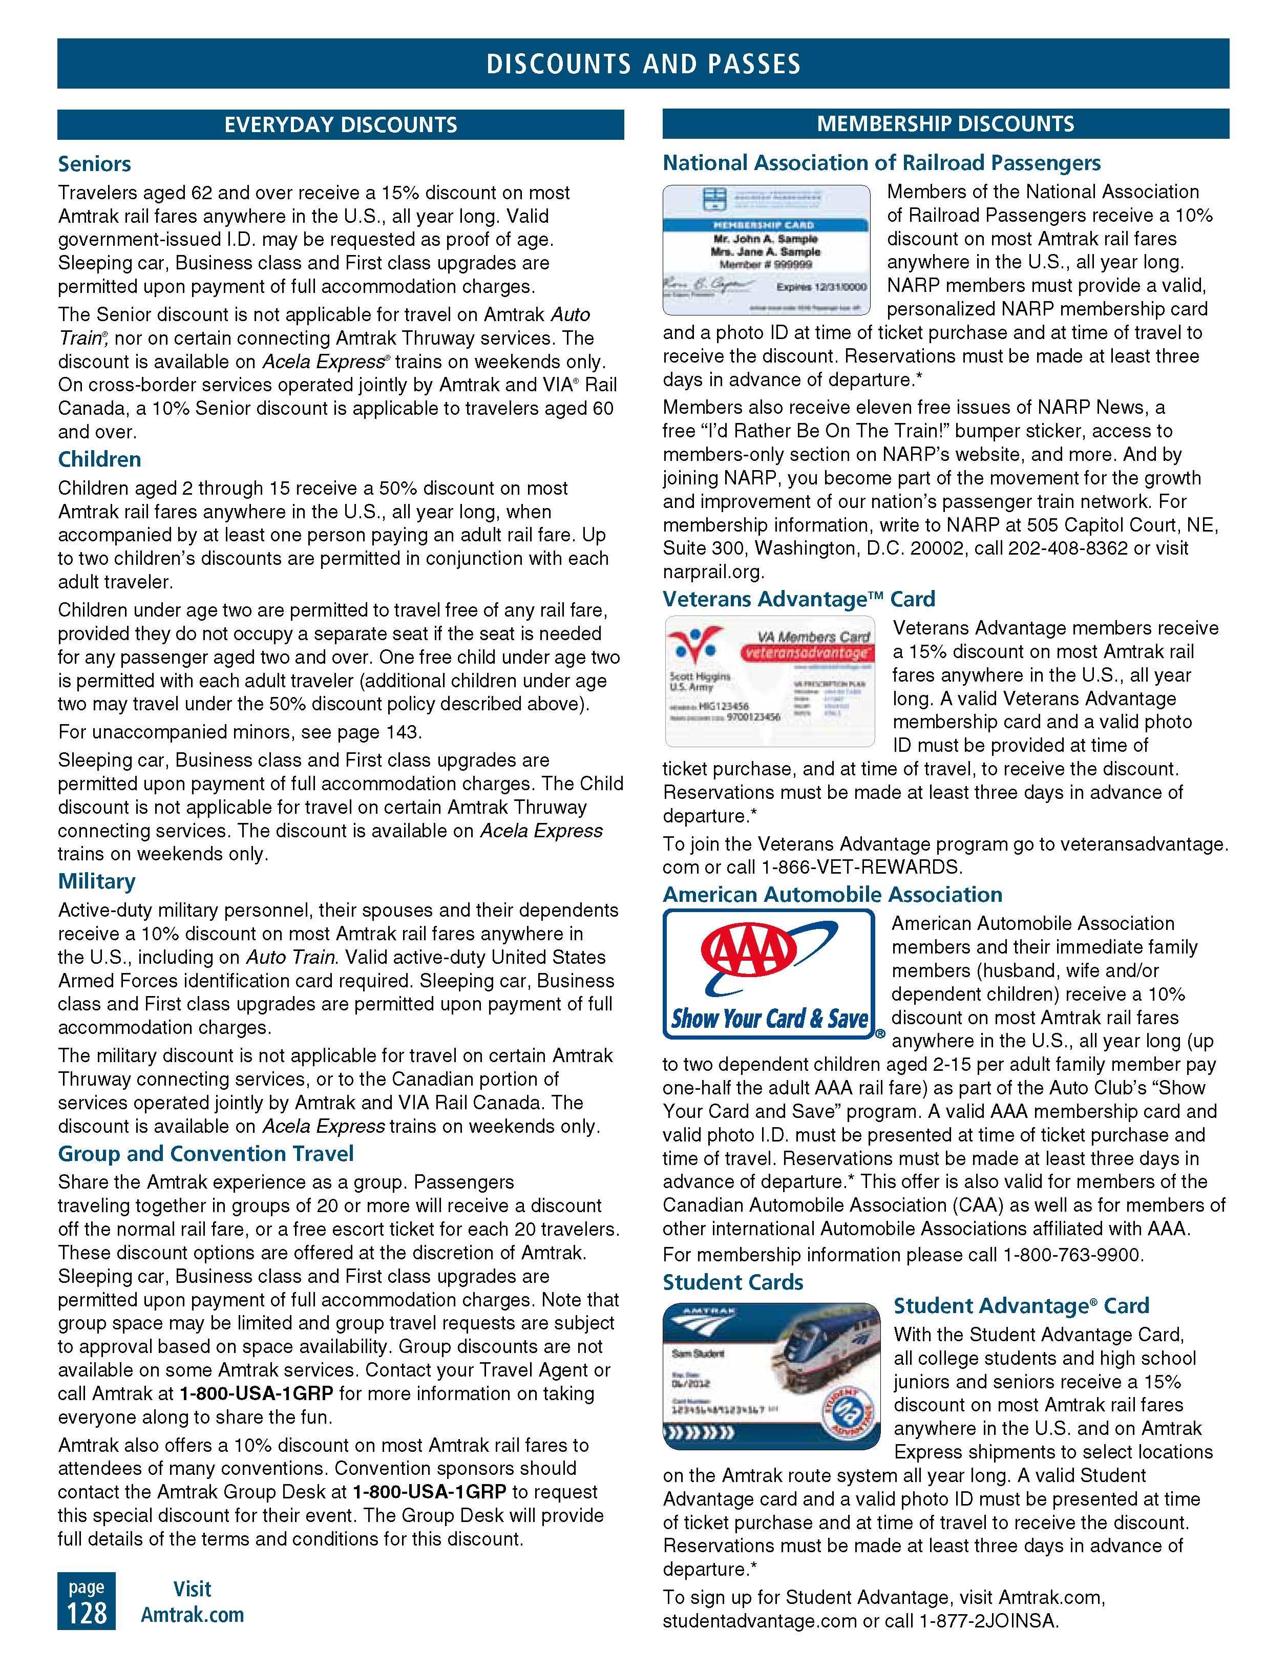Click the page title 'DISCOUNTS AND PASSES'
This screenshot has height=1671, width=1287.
(643, 64)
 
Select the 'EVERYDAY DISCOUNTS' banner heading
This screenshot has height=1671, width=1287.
(341, 125)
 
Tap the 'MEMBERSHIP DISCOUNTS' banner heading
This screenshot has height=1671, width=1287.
(945, 124)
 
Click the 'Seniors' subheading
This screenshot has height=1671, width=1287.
(94, 164)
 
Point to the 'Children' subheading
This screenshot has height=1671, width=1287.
(99, 459)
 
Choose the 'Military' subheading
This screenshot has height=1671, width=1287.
(96, 881)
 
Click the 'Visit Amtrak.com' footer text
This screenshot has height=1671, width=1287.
(192, 1602)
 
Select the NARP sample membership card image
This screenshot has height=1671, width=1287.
(766, 250)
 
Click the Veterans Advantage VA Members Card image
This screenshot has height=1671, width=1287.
(769, 681)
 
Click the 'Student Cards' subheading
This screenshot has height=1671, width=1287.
(732, 1282)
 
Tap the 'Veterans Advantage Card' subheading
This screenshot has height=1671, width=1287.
(798, 599)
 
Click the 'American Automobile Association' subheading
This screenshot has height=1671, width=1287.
(832, 895)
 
